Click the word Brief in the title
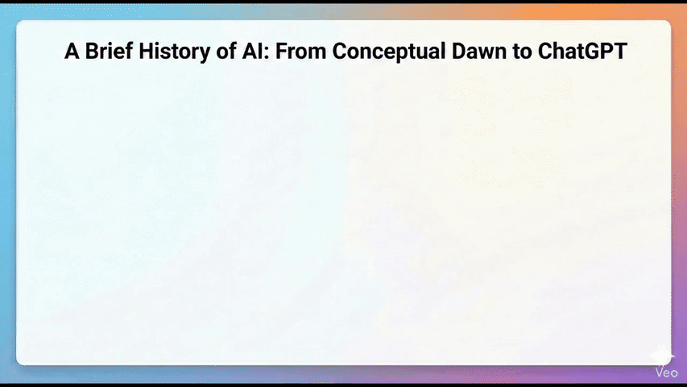point(109,51)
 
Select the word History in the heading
point(175,52)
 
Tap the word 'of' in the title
point(226,52)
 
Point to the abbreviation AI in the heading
point(255,51)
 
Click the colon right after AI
point(270,53)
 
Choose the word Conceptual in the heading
point(389,52)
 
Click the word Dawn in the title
point(478,51)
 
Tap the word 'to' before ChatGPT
point(521,52)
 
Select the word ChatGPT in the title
point(582,51)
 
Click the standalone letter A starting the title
point(72,51)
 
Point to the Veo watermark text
point(666,373)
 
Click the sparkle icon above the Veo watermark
point(661,355)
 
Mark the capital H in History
point(146,51)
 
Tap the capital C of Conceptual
point(340,51)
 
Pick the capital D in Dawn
point(459,51)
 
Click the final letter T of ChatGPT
point(620,51)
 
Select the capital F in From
point(281,51)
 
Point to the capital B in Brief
point(92,51)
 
